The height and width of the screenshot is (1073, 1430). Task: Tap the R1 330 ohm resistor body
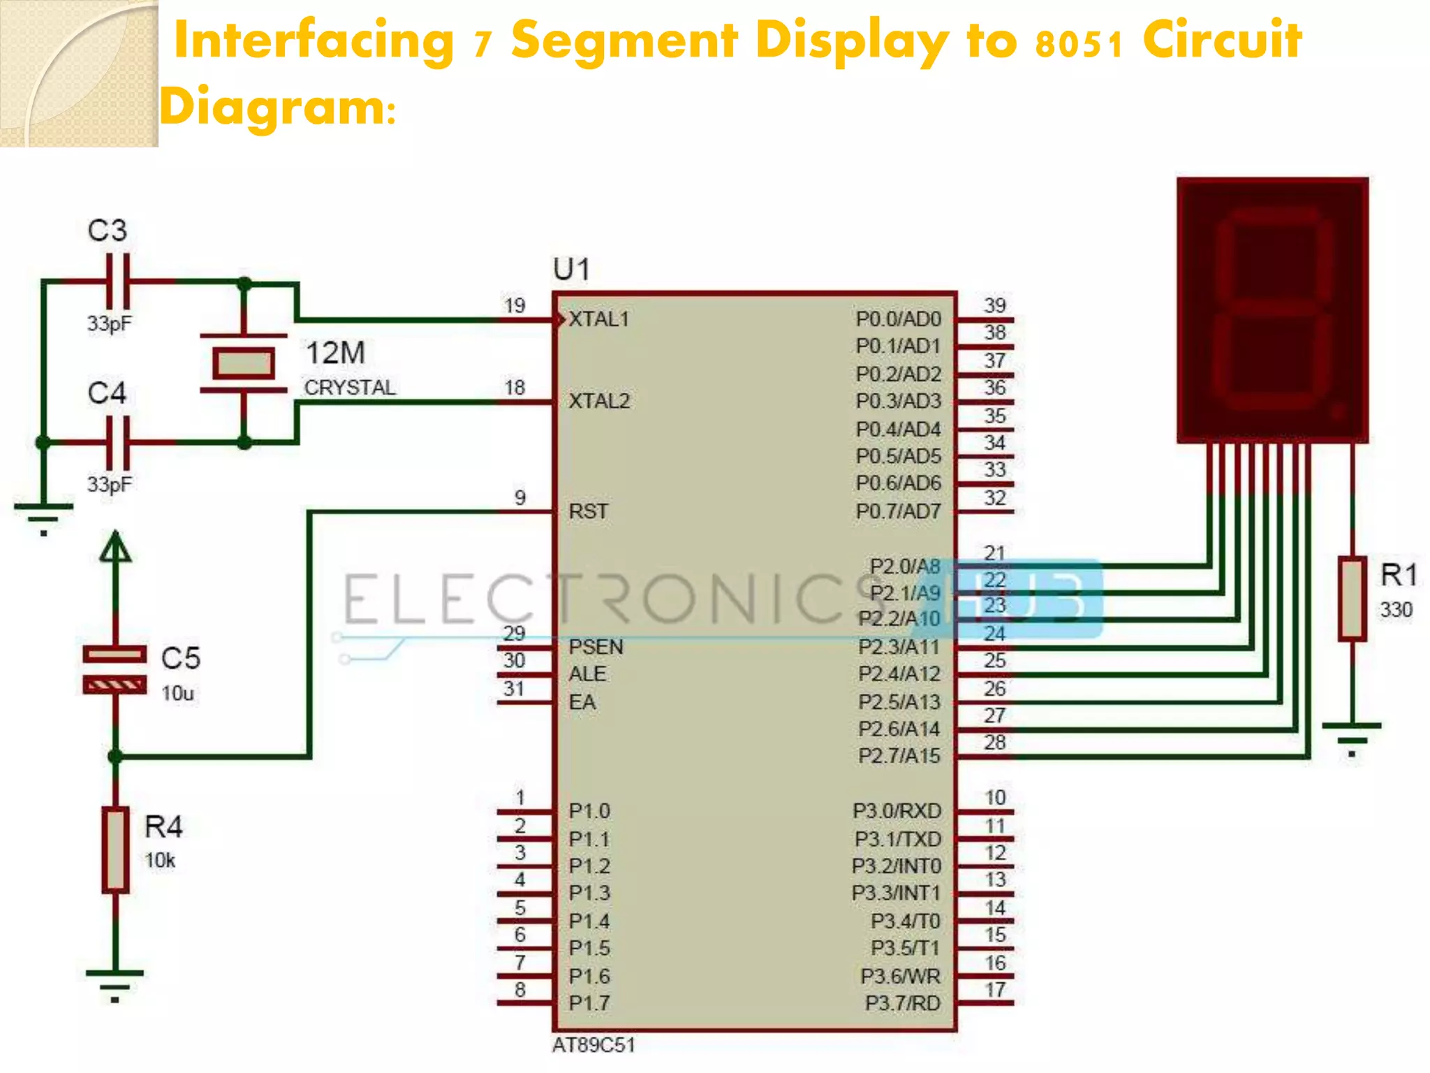[x=1352, y=599]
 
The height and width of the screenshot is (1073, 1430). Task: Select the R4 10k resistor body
[x=115, y=849]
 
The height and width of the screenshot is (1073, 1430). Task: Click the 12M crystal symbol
[x=243, y=363]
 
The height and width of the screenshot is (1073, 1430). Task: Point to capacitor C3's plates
[x=117, y=282]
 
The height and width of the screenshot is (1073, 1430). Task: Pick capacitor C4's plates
[x=117, y=442]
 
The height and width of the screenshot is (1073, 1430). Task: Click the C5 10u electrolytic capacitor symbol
[x=115, y=670]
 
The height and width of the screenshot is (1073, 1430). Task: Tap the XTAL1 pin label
[x=599, y=319]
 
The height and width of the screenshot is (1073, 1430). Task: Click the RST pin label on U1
[x=588, y=511]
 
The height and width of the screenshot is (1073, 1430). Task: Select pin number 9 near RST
[x=520, y=497]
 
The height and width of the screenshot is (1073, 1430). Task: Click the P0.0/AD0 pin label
[x=898, y=319]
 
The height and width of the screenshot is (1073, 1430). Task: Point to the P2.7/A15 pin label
[x=899, y=756]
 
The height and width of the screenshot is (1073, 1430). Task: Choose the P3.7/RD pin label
[x=902, y=1003]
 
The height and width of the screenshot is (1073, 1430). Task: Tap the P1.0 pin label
[x=589, y=811]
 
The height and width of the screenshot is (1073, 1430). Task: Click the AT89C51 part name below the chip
[x=594, y=1045]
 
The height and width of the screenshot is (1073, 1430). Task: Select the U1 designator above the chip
[x=571, y=269]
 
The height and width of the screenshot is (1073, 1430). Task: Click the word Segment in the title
[x=624, y=41]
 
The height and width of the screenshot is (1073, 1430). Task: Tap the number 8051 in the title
[x=1079, y=43]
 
